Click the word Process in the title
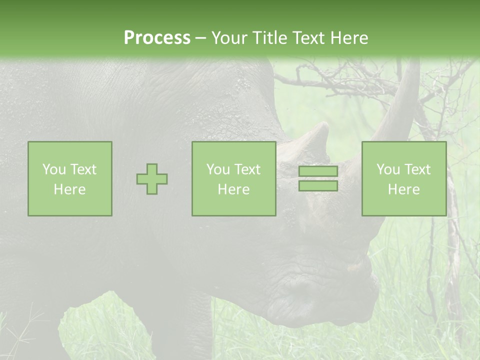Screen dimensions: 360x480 [157, 38]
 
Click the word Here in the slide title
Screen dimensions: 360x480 [348, 38]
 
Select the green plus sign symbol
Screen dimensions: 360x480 [152, 179]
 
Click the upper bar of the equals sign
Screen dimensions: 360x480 [318, 171]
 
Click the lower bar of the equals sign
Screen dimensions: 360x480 [318, 186]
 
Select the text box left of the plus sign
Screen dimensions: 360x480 [70, 179]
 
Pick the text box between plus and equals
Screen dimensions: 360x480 [233, 179]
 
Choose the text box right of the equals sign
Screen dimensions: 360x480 [404, 179]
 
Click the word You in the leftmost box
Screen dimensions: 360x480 [54, 169]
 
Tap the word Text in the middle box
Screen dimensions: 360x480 [247, 169]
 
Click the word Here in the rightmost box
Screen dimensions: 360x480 [403, 189]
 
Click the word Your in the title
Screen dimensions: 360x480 [229, 38]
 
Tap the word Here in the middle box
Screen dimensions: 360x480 [233, 189]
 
